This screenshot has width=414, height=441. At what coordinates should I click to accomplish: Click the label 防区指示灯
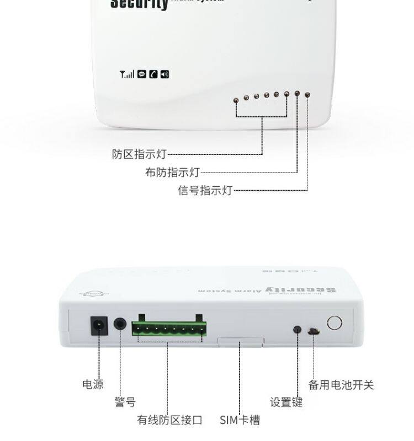139,154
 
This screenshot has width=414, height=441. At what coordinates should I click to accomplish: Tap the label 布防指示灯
172,173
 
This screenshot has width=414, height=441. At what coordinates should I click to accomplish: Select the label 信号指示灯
205,191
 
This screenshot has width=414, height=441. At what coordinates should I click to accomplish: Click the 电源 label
93,384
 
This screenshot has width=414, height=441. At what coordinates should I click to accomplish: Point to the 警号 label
125,402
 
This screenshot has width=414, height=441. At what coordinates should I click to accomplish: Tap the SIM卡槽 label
240,420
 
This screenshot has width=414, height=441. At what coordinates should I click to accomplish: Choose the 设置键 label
286,402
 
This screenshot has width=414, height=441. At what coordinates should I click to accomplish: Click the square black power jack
99,326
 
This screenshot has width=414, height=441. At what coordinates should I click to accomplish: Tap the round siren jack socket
120,324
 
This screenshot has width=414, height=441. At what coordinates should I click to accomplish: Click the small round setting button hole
297,330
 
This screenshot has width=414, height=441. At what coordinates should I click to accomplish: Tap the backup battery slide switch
312,332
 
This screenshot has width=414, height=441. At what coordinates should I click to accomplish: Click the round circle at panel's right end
334,322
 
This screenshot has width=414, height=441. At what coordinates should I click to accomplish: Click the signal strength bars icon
127,74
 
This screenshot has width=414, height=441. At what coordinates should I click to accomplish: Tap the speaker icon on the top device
164,74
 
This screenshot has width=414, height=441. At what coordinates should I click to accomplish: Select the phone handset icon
153,74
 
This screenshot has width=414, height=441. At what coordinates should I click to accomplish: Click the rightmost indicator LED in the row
307,94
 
